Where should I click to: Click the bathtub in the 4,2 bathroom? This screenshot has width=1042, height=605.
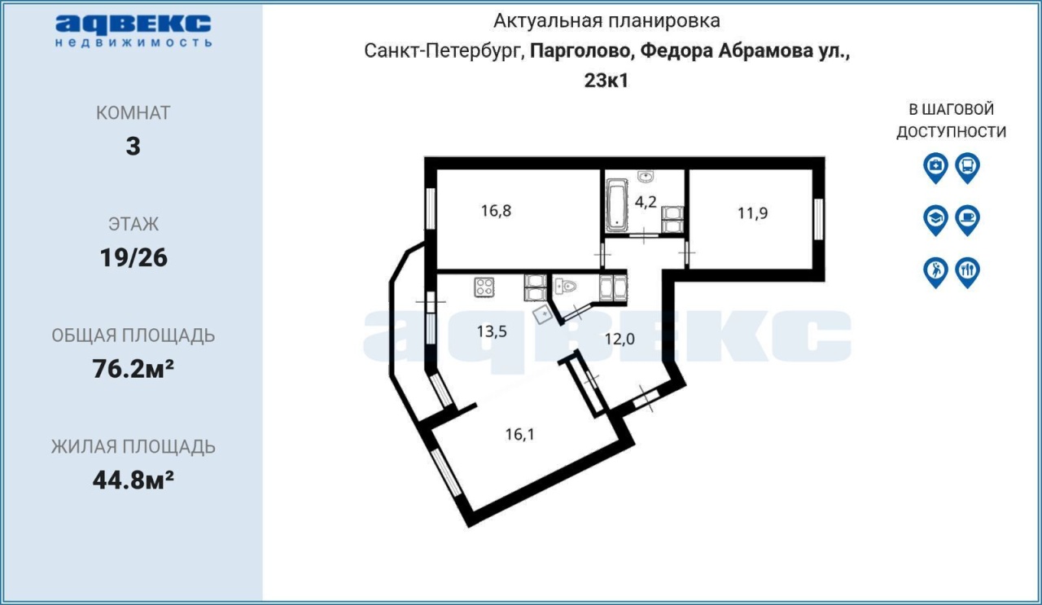(616, 204)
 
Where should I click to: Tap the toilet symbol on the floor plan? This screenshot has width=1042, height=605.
(566, 286)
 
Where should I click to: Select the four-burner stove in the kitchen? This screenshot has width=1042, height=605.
(484, 287)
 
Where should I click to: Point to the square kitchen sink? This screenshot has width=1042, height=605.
(542, 315)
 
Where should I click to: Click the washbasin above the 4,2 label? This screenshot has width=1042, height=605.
(646, 177)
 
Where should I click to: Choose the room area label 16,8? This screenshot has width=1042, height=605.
(496, 211)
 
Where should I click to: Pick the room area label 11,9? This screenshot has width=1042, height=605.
(753, 213)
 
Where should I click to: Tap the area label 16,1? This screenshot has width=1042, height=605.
(520, 434)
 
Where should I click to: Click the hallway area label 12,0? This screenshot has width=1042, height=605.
(620, 339)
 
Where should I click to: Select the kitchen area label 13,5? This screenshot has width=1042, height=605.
(492, 331)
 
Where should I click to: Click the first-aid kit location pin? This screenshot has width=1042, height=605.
(935, 168)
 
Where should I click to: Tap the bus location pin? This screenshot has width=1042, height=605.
(968, 168)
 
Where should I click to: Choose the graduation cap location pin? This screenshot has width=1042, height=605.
(935, 220)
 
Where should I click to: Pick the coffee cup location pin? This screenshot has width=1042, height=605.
(968, 220)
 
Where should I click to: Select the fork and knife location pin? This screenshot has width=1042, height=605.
(968, 272)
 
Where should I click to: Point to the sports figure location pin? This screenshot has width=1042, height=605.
(935, 272)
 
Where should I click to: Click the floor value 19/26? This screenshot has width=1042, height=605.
(134, 258)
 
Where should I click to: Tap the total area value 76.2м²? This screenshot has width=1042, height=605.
(133, 369)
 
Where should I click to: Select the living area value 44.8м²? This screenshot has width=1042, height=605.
(133, 480)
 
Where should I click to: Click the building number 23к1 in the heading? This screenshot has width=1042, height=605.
(606, 81)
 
